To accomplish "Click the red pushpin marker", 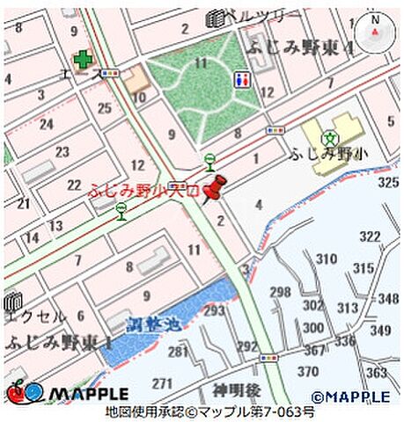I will tap(213, 188).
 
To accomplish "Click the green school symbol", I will tap(329, 137).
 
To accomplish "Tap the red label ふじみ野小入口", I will tap(144, 189).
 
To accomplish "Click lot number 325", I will tap(388, 182).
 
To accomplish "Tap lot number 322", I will tap(371, 236).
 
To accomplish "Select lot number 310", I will tap(327, 258).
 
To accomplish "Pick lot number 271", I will tap(162, 383).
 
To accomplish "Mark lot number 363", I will tap(376, 372).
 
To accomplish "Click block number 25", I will tap(105, 108).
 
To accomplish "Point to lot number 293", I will tap(214, 309).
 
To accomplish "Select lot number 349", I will tap(380, 330).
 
